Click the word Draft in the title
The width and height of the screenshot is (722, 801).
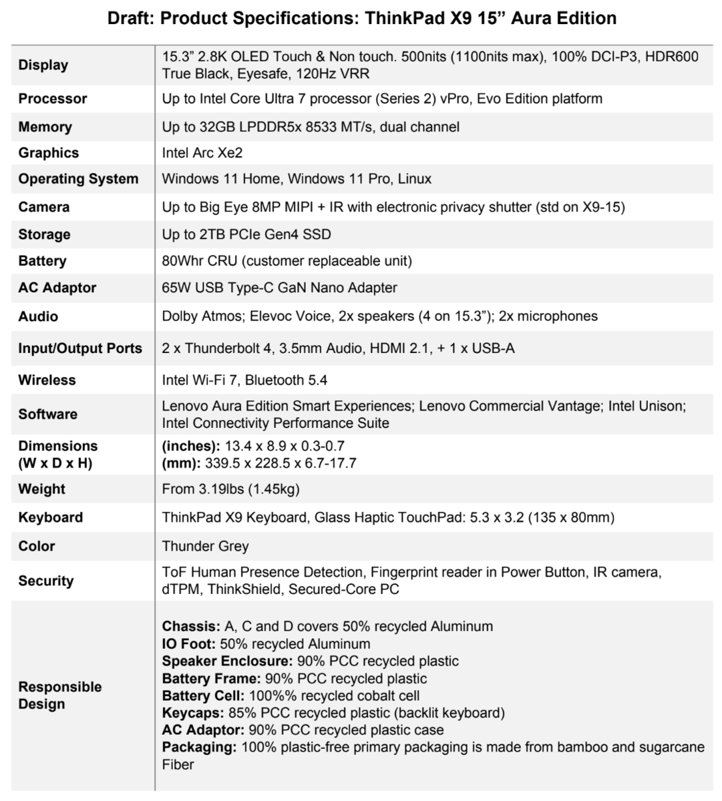[131, 18]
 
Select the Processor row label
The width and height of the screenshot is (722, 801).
[53, 99]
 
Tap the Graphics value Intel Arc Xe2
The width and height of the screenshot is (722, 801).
[202, 153]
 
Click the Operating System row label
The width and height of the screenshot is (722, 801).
[78, 179]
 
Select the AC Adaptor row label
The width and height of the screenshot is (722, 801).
[57, 288]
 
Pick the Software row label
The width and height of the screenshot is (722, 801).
[47, 414]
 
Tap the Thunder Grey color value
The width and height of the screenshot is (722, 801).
[205, 546]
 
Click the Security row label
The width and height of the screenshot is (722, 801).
[46, 581]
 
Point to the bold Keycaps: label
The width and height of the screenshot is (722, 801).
[192, 713]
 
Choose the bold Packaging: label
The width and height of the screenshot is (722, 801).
[199, 747]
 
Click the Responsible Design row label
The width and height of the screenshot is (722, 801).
[60, 695]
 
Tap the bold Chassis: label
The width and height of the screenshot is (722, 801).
[190, 626]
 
